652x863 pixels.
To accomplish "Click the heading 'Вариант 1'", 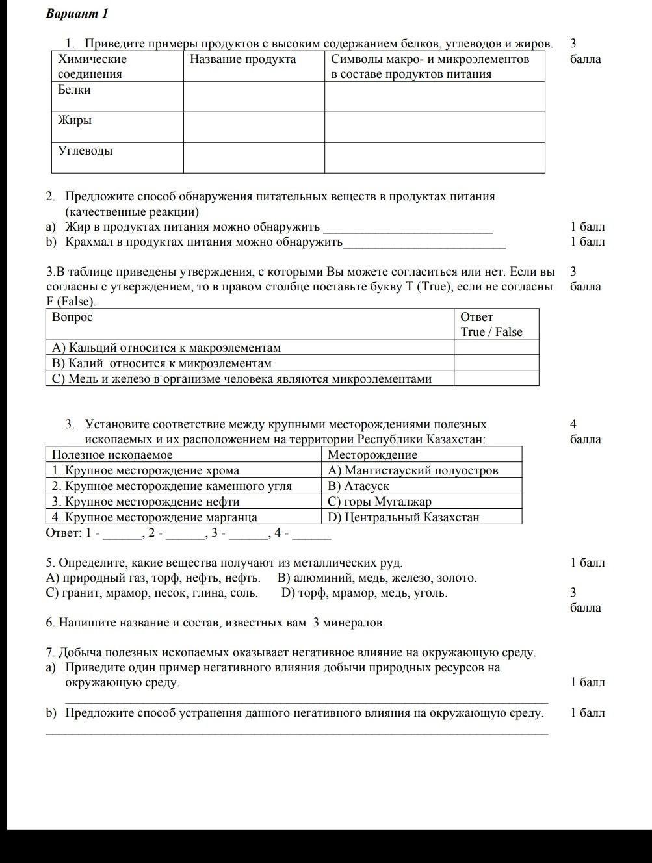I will (x=77, y=14).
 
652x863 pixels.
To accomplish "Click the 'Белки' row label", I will (x=75, y=90).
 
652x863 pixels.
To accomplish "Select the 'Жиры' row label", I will (x=75, y=121).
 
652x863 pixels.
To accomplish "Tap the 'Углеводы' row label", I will (x=85, y=151).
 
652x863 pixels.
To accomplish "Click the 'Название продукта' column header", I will (x=243, y=60).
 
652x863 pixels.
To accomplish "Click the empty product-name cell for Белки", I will (x=254, y=97).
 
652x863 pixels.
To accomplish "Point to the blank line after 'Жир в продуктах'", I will (x=408, y=228).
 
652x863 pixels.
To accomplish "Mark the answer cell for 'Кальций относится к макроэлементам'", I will (x=496, y=348).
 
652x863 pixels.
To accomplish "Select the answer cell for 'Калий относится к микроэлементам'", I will (x=496, y=363).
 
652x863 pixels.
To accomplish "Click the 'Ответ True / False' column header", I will (x=491, y=324).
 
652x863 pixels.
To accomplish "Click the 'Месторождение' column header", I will (x=372, y=455).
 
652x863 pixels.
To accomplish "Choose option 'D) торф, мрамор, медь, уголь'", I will (x=364, y=593).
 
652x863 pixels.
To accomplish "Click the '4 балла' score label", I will (x=584, y=432).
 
